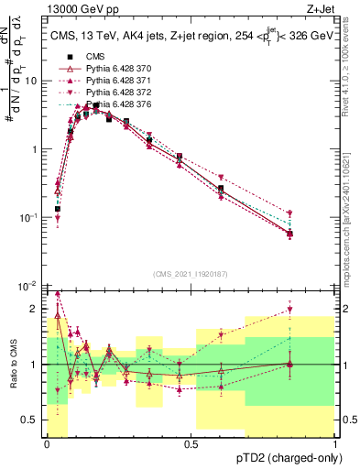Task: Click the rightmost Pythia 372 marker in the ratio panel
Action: coord(290,310)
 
